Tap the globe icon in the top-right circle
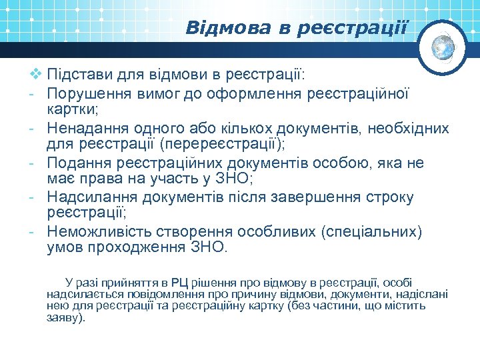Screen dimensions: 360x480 click(x=443, y=47)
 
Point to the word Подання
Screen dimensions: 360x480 click(x=75, y=163)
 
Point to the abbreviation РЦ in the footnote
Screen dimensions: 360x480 click(x=179, y=283)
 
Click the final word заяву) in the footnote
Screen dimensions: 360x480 click(x=66, y=318)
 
